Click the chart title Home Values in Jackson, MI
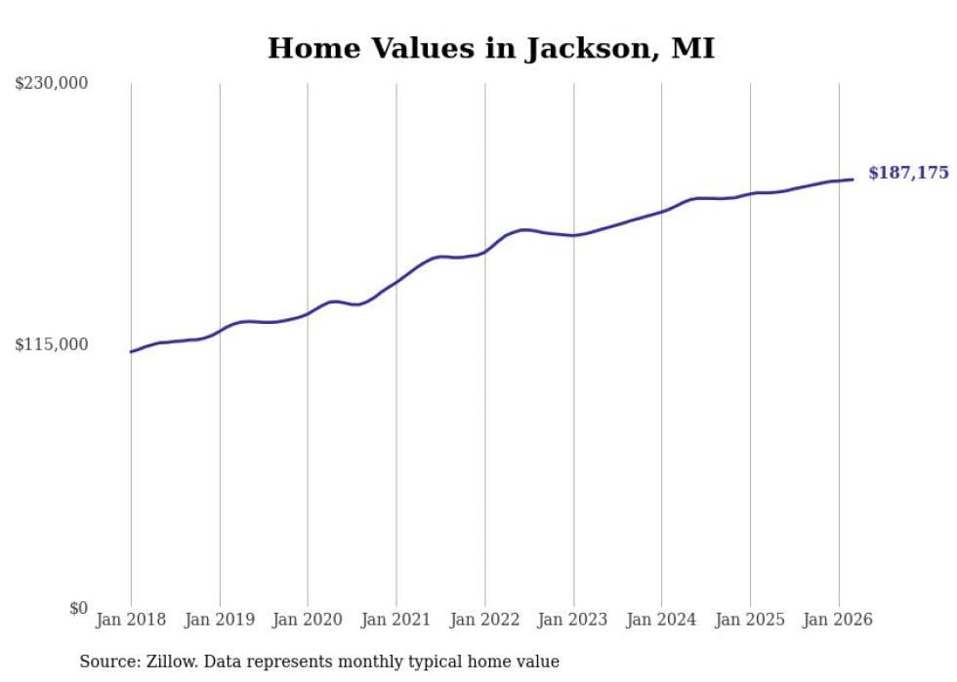pos(491,48)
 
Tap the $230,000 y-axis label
pos(52,84)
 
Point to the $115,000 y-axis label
pos(52,344)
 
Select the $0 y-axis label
pos(78,608)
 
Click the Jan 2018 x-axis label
pos(131,620)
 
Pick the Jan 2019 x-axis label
pos(220,620)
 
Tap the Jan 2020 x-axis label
pos(308,620)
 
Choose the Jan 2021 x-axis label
pos(396,620)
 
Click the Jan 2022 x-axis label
pos(485,620)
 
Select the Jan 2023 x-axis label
pos(573,620)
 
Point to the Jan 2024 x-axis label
pos(662,620)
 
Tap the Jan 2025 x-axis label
pos(750,620)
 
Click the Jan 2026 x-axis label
pos(839,620)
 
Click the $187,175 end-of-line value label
pos(908,174)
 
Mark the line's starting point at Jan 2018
pos(131,351)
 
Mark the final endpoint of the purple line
pos(853,179)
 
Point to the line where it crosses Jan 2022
pos(485,252)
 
